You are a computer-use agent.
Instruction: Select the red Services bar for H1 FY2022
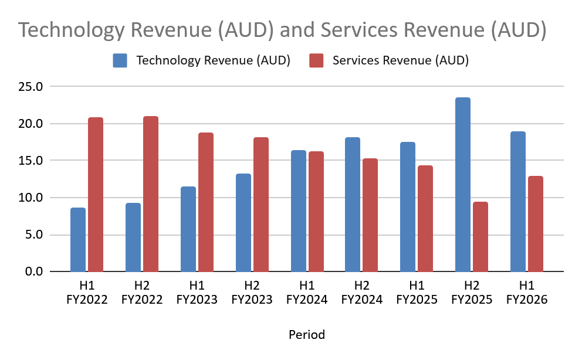(96, 195)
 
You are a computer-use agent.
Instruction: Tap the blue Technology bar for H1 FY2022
(78, 240)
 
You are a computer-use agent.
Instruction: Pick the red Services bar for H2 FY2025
(481, 237)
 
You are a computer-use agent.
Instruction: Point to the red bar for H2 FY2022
(151, 194)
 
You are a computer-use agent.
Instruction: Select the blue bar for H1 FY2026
(518, 202)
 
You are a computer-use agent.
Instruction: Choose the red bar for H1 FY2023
(205, 202)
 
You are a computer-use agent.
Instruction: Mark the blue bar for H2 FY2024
(353, 205)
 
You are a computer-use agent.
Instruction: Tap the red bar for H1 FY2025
(425, 219)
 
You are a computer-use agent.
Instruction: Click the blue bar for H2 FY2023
(243, 223)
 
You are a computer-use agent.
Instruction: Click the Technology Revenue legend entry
(202, 60)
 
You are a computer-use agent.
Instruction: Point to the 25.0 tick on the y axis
(31, 87)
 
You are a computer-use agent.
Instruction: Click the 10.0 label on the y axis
(31, 198)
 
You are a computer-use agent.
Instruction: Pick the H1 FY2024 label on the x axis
(306, 293)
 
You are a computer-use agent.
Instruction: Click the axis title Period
(306, 335)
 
